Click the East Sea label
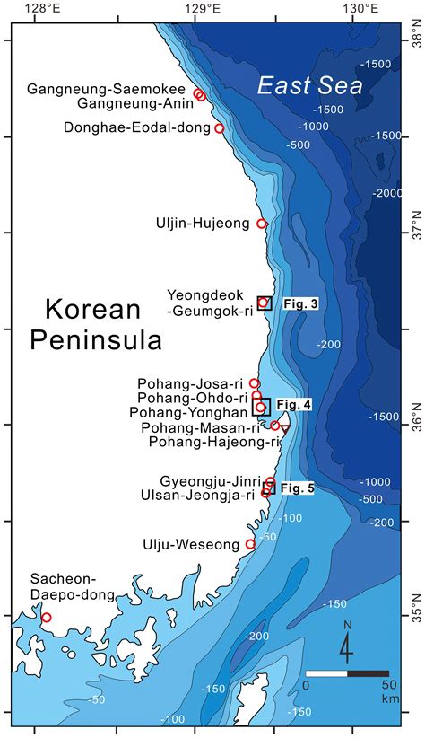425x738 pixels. click(310, 86)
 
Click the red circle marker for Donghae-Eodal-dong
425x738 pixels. click(220, 128)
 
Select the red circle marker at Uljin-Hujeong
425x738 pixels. click(262, 224)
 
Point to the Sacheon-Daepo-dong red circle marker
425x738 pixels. click(46, 617)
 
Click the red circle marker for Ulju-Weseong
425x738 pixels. click(250, 544)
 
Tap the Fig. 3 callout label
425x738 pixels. click(299, 304)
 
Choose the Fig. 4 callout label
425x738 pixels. click(293, 405)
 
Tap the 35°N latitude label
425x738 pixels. click(416, 614)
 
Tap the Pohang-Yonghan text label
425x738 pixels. click(193, 412)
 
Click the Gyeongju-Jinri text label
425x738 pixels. click(211, 481)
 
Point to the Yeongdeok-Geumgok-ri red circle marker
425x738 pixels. click(263, 303)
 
